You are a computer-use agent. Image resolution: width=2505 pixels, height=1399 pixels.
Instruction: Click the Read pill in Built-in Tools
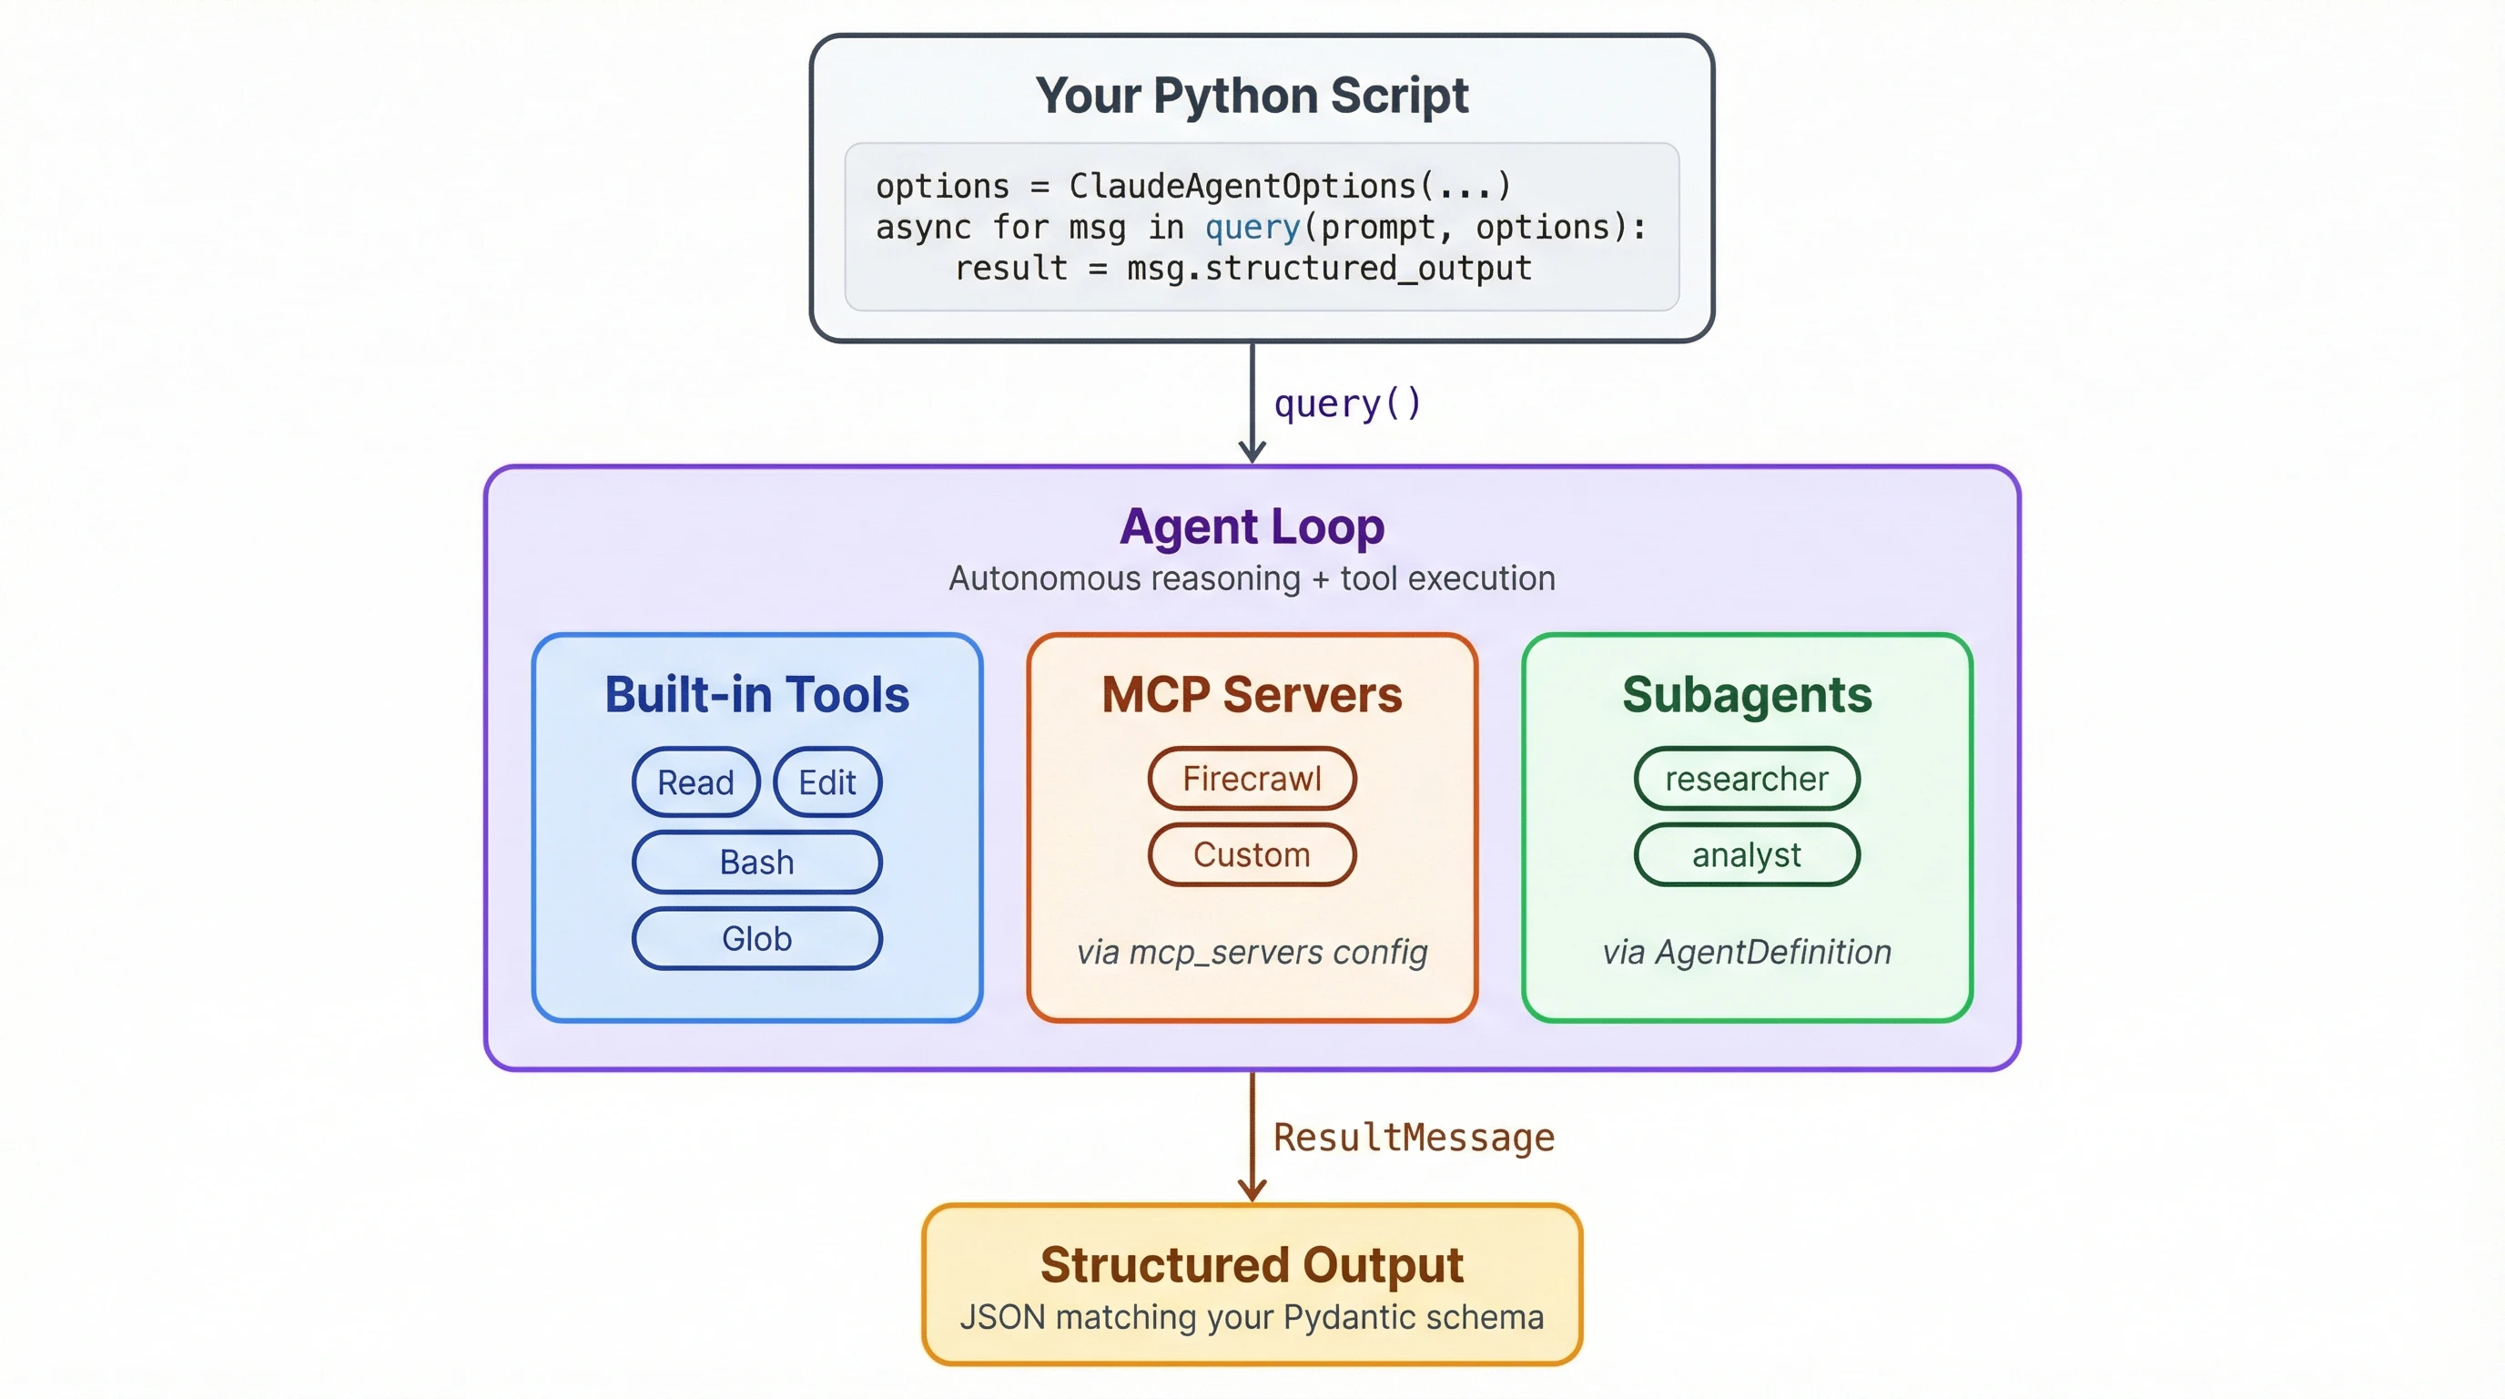[695, 782]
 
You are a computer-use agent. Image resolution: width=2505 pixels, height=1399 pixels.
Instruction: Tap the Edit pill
[827, 782]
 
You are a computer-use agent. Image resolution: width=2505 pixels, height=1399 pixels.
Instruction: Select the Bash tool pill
[756, 862]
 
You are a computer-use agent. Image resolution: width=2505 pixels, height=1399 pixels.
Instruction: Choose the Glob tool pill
[756, 939]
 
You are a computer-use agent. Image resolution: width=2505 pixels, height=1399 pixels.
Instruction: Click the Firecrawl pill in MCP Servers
[1252, 779]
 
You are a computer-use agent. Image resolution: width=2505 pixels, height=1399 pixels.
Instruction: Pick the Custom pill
[1252, 855]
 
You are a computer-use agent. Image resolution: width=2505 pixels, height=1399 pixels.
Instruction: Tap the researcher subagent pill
[1747, 779]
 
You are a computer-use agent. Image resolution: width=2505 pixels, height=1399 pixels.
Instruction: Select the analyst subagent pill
[1747, 855]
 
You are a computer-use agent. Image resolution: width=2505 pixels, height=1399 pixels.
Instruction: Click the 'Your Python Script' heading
[1252, 96]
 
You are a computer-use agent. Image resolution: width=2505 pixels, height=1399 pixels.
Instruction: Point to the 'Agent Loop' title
[1252, 527]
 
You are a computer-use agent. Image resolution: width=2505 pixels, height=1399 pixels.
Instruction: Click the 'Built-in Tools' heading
[756, 695]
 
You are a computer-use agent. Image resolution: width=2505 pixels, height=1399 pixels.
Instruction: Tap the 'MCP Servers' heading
[1252, 695]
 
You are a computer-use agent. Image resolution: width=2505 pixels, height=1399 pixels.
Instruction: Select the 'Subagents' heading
[1747, 695]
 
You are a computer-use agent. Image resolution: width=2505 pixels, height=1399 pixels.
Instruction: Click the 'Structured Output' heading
[1252, 1265]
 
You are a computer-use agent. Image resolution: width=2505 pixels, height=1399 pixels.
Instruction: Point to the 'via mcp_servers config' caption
[1252, 952]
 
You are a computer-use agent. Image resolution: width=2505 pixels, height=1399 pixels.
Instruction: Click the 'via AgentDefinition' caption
[1747, 952]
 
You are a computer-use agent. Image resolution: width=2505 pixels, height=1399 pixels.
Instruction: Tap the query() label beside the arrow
[1348, 403]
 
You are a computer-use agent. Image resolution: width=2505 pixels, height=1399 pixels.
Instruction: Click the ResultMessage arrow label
[1414, 1138]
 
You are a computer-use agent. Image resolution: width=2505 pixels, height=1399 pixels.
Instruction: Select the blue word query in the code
[1252, 227]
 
